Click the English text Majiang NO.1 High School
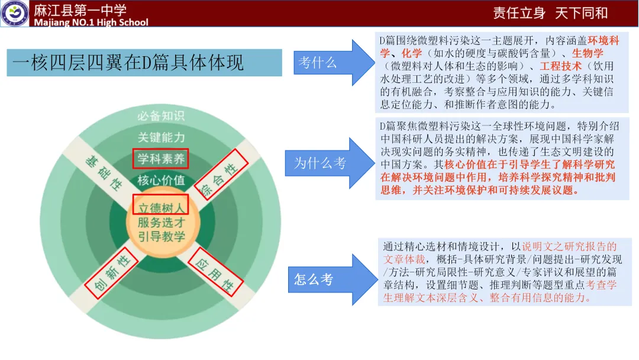(92, 22)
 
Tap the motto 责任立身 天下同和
(550, 13)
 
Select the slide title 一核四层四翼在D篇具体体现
(128, 63)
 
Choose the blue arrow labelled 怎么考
(322, 279)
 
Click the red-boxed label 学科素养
(161, 159)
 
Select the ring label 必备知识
(161, 115)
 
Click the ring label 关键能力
(161, 137)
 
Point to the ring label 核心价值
(161, 180)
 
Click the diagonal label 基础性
(103, 171)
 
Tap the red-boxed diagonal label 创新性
(107, 273)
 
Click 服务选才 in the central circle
(161, 222)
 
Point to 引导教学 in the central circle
(161, 236)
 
